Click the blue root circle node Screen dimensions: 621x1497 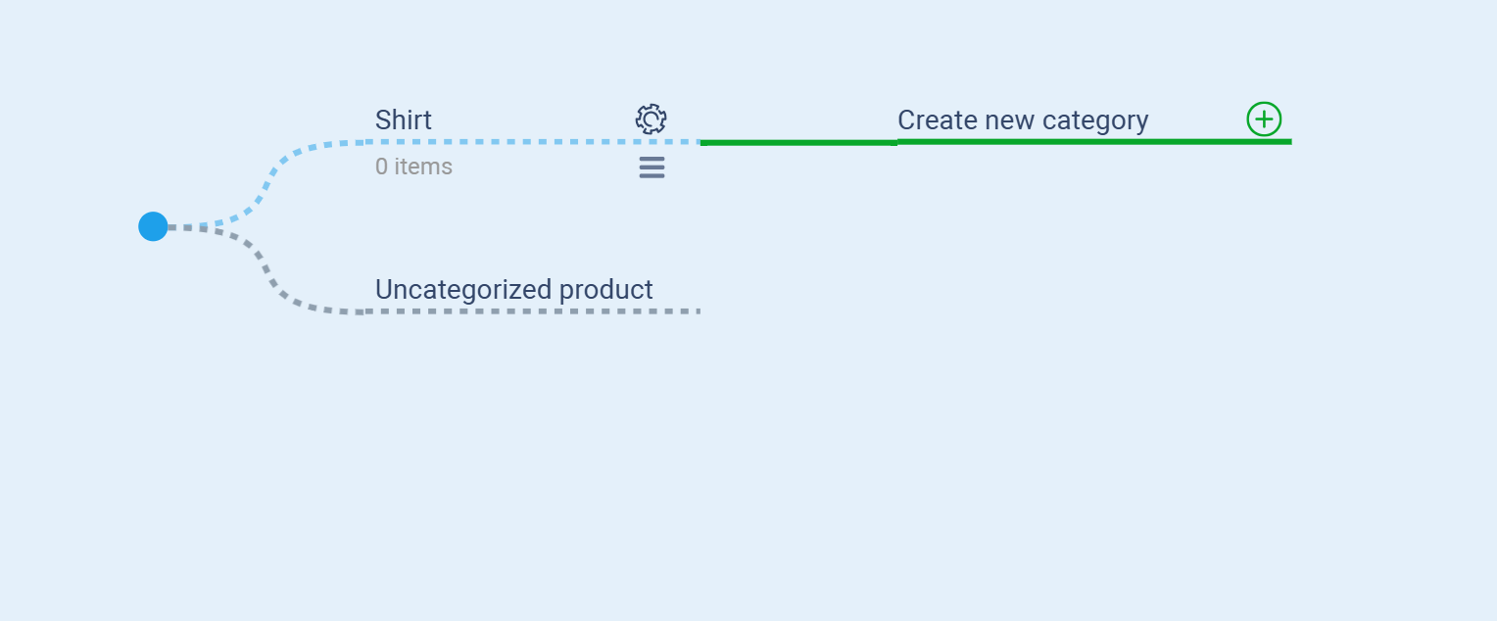[153, 226]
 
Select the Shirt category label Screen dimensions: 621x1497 [404, 120]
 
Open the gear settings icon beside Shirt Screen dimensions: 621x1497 [651, 119]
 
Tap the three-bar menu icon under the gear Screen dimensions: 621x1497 [652, 167]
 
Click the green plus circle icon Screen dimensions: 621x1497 [1264, 119]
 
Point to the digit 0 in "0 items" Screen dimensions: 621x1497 [382, 167]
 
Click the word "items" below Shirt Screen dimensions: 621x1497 [423, 167]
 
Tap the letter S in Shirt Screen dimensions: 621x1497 [383, 120]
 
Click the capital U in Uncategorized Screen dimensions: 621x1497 [384, 290]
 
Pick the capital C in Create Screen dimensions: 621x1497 [906, 120]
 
